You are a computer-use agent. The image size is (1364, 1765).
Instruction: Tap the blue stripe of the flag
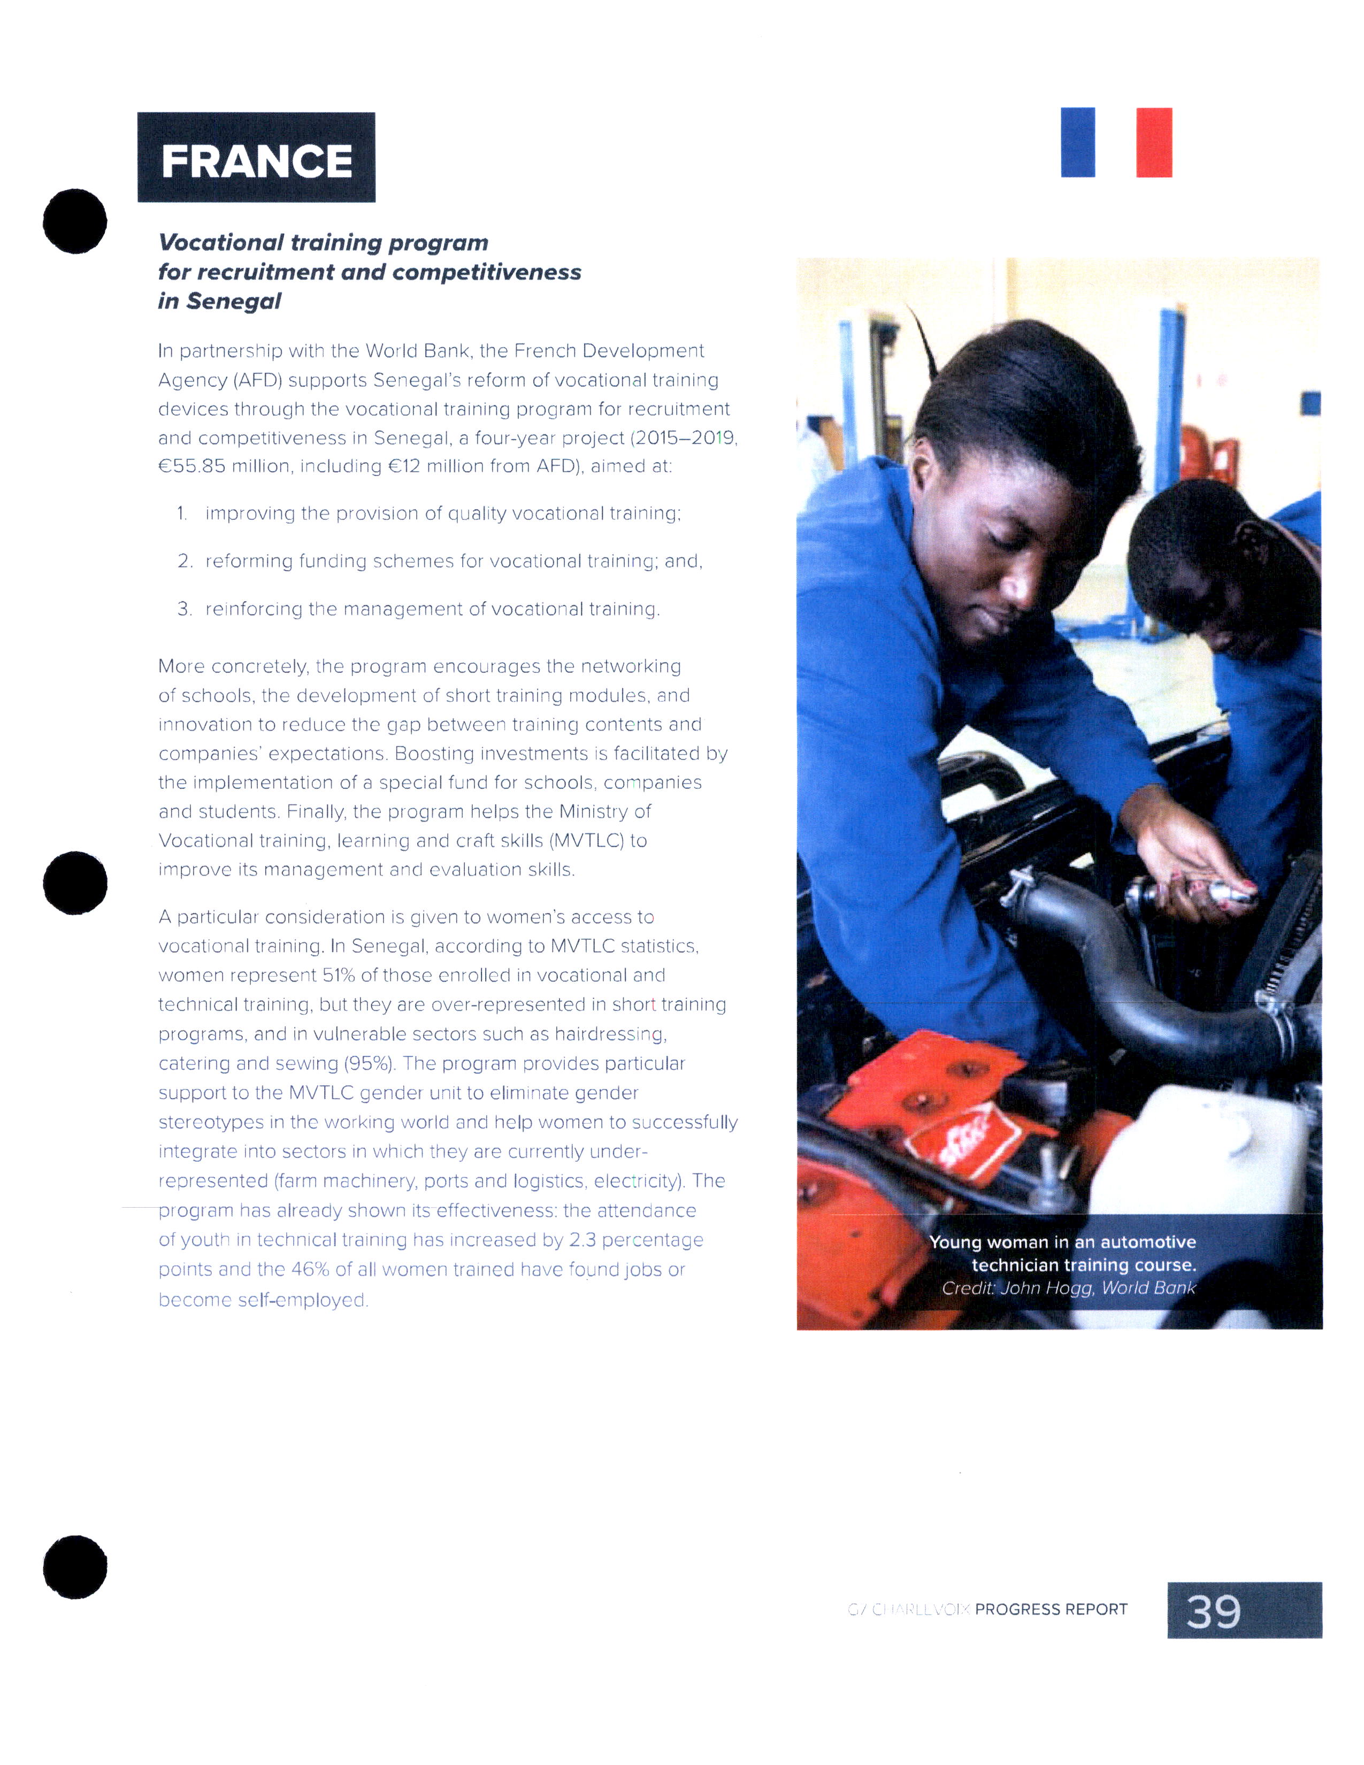point(1077,142)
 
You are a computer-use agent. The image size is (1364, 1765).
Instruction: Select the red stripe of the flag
point(1153,142)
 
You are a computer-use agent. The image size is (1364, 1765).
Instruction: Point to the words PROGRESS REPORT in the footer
point(1051,1609)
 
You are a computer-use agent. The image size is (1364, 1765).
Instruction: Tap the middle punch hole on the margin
point(74,882)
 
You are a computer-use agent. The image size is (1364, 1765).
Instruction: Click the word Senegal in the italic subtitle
point(234,302)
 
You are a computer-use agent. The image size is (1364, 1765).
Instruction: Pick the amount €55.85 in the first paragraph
point(193,466)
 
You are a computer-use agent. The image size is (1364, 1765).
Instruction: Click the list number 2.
point(184,562)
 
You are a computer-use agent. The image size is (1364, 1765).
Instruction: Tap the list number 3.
point(184,609)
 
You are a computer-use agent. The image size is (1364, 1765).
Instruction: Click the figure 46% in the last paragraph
point(310,1270)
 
